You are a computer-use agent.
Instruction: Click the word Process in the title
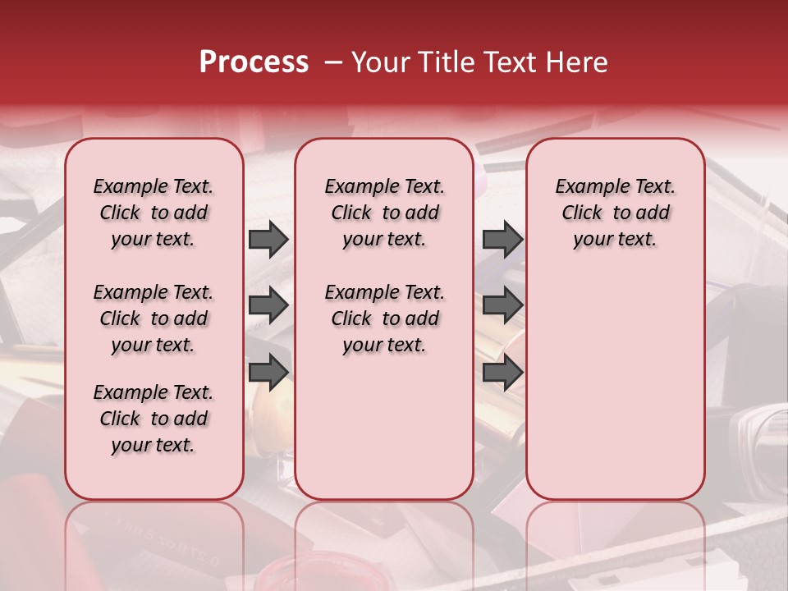pos(254,62)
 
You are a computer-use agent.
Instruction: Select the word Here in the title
pos(578,62)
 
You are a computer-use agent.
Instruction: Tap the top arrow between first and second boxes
pos(268,239)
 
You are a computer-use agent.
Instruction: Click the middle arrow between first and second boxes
pos(268,305)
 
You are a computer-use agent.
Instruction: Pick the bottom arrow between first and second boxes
pos(268,372)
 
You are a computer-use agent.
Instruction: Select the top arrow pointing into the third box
pos(502,239)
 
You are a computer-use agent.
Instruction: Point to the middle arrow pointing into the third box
pos(502,305)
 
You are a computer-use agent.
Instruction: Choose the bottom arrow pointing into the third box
pos(502,372)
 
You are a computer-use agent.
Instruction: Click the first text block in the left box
pos(153,213)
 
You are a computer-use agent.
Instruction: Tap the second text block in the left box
pos(153,318)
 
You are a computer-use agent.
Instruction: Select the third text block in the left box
pos(153,419)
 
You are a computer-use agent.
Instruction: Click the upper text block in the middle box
pos(384,213)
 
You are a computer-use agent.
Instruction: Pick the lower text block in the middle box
pos(384,318)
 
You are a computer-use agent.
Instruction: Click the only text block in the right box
pos(615,213)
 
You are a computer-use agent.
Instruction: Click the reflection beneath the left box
pos(153,542)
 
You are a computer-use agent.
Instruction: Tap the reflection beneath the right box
pos(615,542)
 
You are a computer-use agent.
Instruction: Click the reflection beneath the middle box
pos(384,542)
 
